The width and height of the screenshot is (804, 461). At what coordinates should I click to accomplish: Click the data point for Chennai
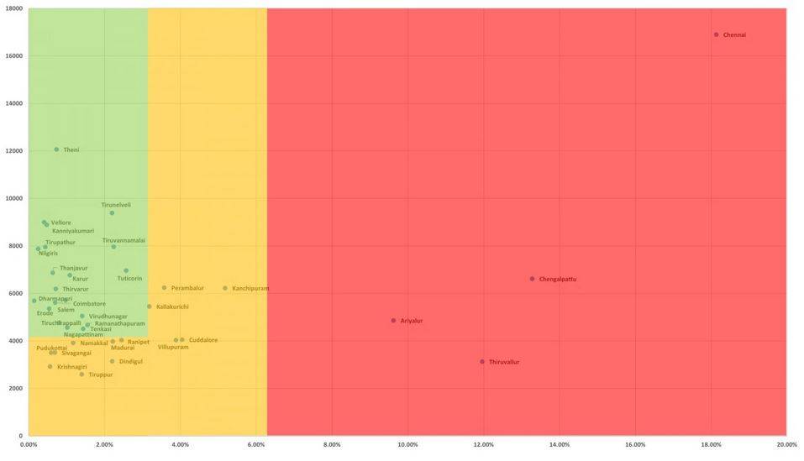[716, 34]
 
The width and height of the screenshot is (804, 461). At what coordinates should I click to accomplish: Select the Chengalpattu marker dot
[532, 279]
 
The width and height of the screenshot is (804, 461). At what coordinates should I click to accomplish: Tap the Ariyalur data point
[393, 320]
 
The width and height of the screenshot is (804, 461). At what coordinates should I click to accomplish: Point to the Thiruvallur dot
[482, 362]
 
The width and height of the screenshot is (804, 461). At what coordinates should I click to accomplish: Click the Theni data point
[56, 149]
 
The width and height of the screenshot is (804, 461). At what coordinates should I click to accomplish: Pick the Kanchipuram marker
[225, 288]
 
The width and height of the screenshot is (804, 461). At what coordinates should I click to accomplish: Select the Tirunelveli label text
[116, 205]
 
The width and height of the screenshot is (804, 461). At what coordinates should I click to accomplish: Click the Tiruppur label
[100, 375]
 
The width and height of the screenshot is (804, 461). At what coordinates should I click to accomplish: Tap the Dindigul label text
[130, 362]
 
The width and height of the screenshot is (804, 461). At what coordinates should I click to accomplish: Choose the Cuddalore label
[203, 340]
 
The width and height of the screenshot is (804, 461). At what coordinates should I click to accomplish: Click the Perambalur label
[187, 288]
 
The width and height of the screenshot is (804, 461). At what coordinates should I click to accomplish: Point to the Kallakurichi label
[172, 306]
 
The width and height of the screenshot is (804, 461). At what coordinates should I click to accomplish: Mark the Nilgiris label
[48, 254]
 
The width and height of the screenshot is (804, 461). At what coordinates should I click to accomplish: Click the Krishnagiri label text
[71, 367]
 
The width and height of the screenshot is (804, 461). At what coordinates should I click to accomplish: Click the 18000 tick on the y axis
[13, 9]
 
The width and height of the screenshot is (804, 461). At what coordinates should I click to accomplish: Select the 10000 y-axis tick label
[13, 199]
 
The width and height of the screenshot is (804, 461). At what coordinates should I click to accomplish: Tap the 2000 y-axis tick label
[15, 389]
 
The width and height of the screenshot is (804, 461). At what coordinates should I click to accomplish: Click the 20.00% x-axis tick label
[786, 444]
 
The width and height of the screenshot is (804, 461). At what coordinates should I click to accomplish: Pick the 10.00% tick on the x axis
[407, 444]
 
